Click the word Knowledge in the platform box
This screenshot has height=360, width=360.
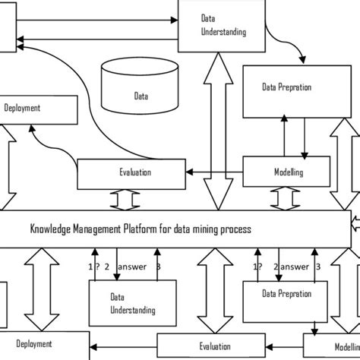pyautogui.click(x=55, y=228)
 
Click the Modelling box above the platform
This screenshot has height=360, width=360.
pyautogui.click(x=286, y=172)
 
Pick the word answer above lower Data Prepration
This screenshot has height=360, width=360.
pyautogui.click(x=294, y=266)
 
